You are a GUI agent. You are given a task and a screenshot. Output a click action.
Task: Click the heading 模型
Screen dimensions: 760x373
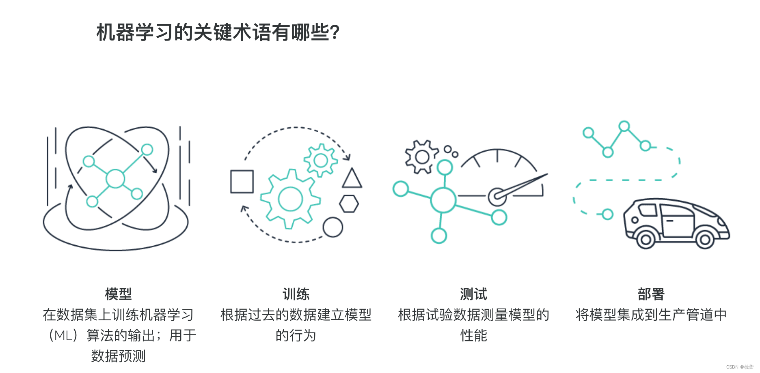click(118, 294)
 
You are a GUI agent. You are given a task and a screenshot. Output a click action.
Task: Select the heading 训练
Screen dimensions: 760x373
click(296, 294)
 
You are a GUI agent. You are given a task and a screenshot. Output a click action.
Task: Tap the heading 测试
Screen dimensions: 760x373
click(473, 294)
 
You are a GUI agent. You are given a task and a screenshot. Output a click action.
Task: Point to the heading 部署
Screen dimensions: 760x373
click(651, 294)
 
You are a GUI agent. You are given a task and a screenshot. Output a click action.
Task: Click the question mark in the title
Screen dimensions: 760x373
click(335, 32)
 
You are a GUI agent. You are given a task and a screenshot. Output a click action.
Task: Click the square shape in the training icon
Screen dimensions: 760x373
click(242, 181)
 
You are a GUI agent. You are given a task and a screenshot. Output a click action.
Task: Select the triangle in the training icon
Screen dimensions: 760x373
click(352, 179)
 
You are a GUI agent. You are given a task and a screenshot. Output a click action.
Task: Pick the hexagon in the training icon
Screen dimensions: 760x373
click(349, 204)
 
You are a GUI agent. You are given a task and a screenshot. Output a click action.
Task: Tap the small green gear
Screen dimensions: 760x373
click(321, 161)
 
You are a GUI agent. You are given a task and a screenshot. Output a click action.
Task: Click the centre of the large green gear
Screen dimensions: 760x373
click(290, 199)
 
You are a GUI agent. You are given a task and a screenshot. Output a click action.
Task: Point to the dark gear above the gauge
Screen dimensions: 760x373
click(422, 157)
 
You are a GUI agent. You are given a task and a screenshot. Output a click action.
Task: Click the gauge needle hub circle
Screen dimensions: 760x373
click(497, 197)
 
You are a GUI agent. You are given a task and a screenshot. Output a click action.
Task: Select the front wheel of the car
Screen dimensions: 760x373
click(705, 240)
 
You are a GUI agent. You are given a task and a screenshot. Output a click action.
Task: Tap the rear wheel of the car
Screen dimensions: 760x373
click(646, 240)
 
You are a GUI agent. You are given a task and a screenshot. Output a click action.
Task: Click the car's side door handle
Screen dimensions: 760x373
click(669, 221)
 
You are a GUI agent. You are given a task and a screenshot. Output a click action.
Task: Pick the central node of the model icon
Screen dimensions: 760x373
click(115, 179)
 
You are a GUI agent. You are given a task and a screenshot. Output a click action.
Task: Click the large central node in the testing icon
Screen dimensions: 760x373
click(443, 200)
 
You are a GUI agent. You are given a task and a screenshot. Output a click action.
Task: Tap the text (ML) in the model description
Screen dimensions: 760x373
click(63, 335)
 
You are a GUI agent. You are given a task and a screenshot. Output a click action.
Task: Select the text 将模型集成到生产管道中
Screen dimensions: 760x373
click(651, 315)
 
